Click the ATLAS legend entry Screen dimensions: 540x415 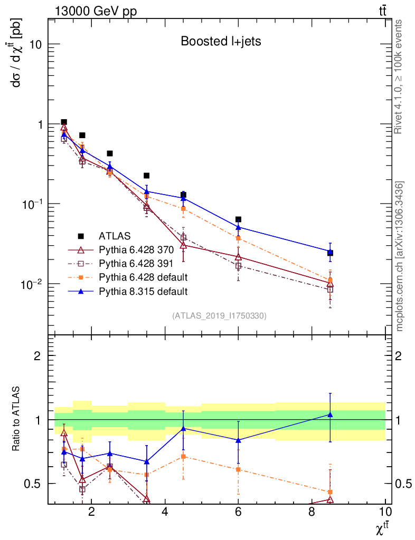(115, 235)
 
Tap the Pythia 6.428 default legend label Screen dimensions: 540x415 (143, 277)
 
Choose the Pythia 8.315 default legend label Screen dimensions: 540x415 (143, 291)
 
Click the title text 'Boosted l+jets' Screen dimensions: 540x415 (221, 42)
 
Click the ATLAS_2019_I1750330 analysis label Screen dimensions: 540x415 (219, 316)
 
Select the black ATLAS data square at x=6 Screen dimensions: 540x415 (238, 219)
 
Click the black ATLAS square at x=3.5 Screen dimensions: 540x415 (147, 175)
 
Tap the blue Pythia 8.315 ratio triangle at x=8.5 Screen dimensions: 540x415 (330, 414)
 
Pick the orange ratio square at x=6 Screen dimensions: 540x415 (238, 469)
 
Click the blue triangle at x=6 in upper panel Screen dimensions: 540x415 (238, 227)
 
